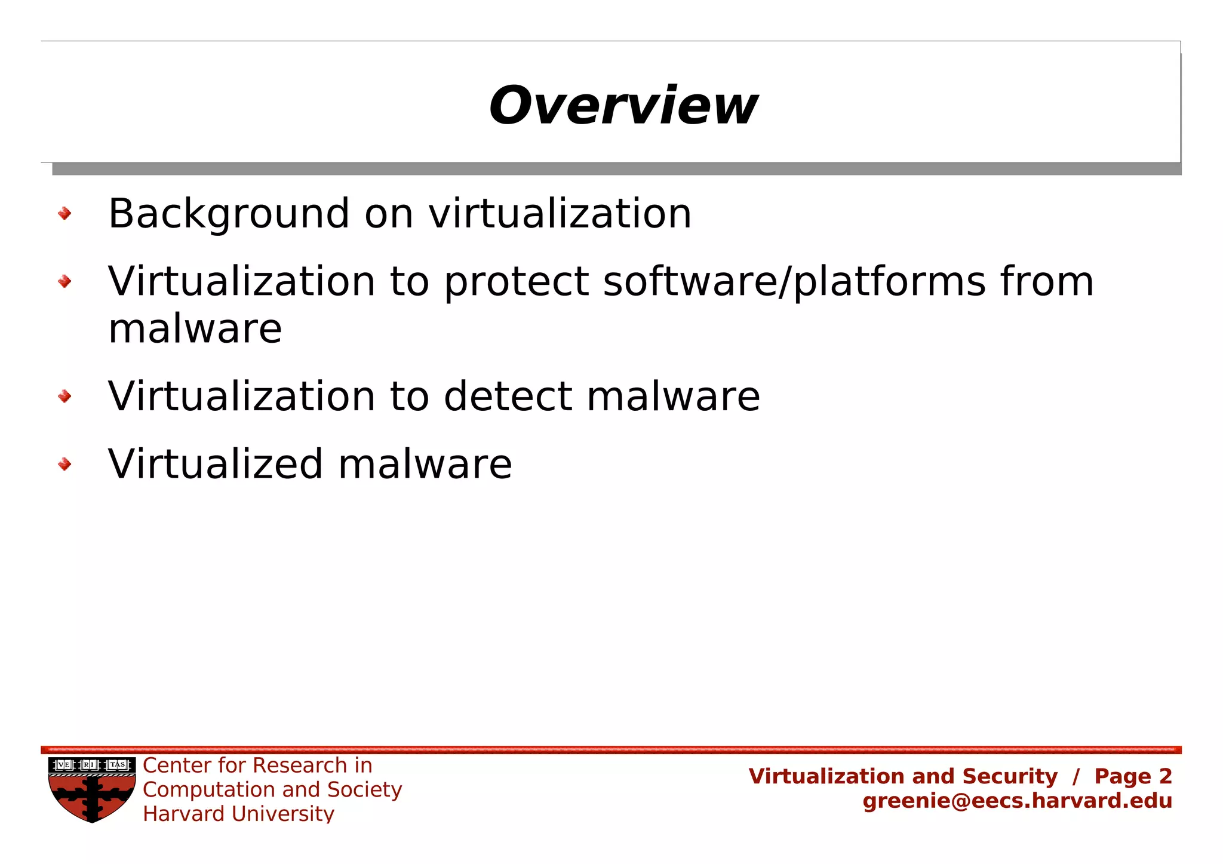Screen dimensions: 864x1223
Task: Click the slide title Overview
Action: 623,106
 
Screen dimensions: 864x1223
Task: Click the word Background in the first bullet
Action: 229,214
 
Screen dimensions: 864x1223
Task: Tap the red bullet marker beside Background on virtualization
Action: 64,213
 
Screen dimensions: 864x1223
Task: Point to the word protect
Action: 516,282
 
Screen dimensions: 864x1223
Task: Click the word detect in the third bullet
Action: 508,396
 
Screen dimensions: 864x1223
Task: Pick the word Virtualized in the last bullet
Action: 216,465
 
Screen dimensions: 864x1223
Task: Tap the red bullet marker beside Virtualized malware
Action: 64,464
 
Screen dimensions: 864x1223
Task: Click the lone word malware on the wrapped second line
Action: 195,329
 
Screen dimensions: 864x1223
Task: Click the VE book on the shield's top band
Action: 64,765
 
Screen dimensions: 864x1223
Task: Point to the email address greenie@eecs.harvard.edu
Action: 1017,801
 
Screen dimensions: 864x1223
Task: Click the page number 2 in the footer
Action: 1165,776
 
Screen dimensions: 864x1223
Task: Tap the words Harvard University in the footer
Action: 238,814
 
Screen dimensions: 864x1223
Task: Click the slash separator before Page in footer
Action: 1075,777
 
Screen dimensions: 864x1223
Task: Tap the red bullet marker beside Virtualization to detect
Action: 64,396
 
